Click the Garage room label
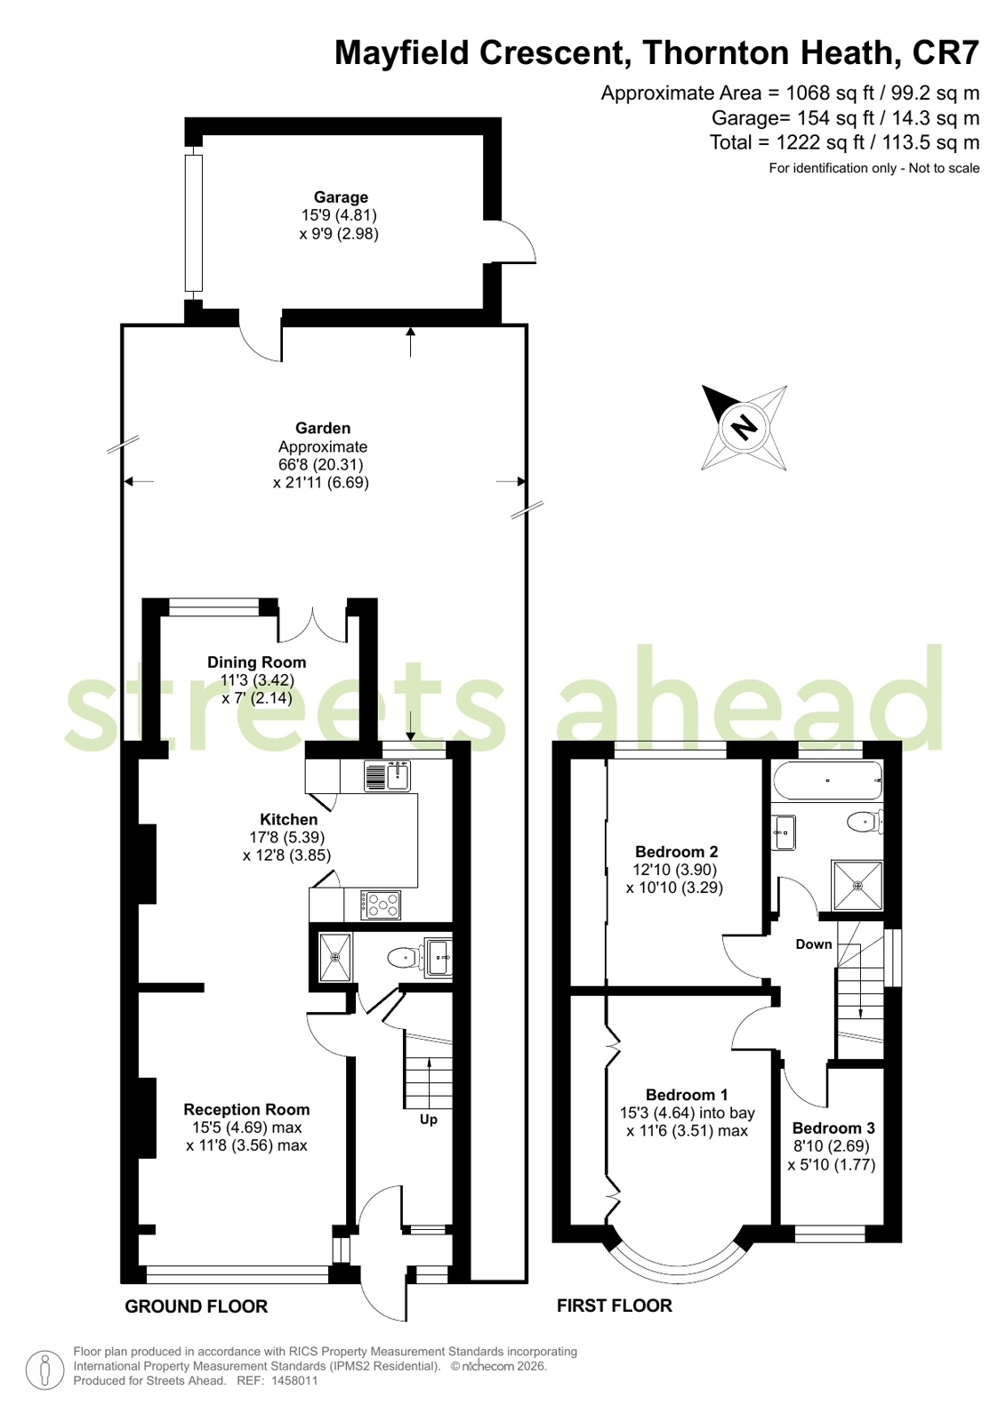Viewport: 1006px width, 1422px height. pos(341,197)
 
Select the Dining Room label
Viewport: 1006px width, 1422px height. pos(256,663)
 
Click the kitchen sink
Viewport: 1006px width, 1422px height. pos(388,775)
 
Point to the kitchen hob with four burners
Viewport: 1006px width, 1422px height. pos(381,905)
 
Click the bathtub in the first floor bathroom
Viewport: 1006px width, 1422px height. pos(827,780)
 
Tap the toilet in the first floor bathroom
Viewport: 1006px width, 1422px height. pos(865,823)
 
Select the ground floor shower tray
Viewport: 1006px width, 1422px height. pos(334,957)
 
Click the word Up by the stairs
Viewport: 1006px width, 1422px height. pos(429,1119)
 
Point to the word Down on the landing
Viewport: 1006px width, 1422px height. pos(814,944)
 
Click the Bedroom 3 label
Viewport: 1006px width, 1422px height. pos(833,1128)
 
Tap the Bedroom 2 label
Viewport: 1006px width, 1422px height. pos(676,851)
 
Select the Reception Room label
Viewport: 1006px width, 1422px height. pos(246,1109)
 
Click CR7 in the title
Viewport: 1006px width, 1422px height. pos(946,52)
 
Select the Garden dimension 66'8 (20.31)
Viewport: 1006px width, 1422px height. pos(321,464)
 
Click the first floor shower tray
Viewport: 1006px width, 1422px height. pos(857,885)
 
